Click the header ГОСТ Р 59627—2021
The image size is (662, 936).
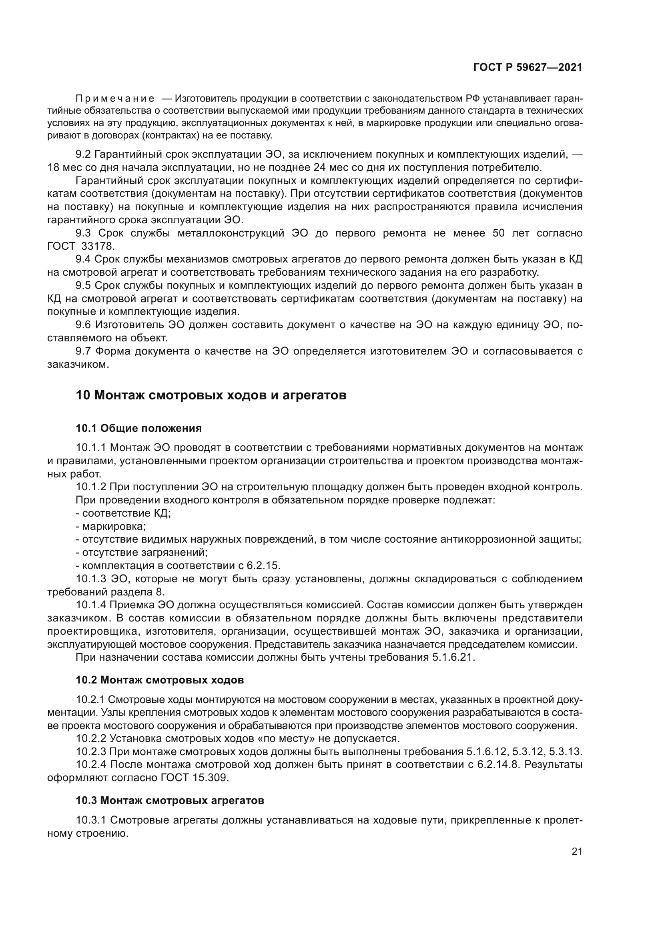coord(528,68)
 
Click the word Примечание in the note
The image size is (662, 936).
coord(115,99)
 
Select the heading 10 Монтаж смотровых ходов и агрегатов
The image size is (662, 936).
coord(211,395)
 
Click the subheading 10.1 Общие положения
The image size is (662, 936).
coord(138,429)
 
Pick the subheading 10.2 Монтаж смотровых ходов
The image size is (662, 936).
coord(160,680)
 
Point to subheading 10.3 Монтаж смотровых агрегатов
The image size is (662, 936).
coord(170,800)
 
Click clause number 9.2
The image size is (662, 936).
coord(84,154)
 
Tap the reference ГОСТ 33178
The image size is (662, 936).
coord(82,246)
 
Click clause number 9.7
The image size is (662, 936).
coord(84,351)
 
